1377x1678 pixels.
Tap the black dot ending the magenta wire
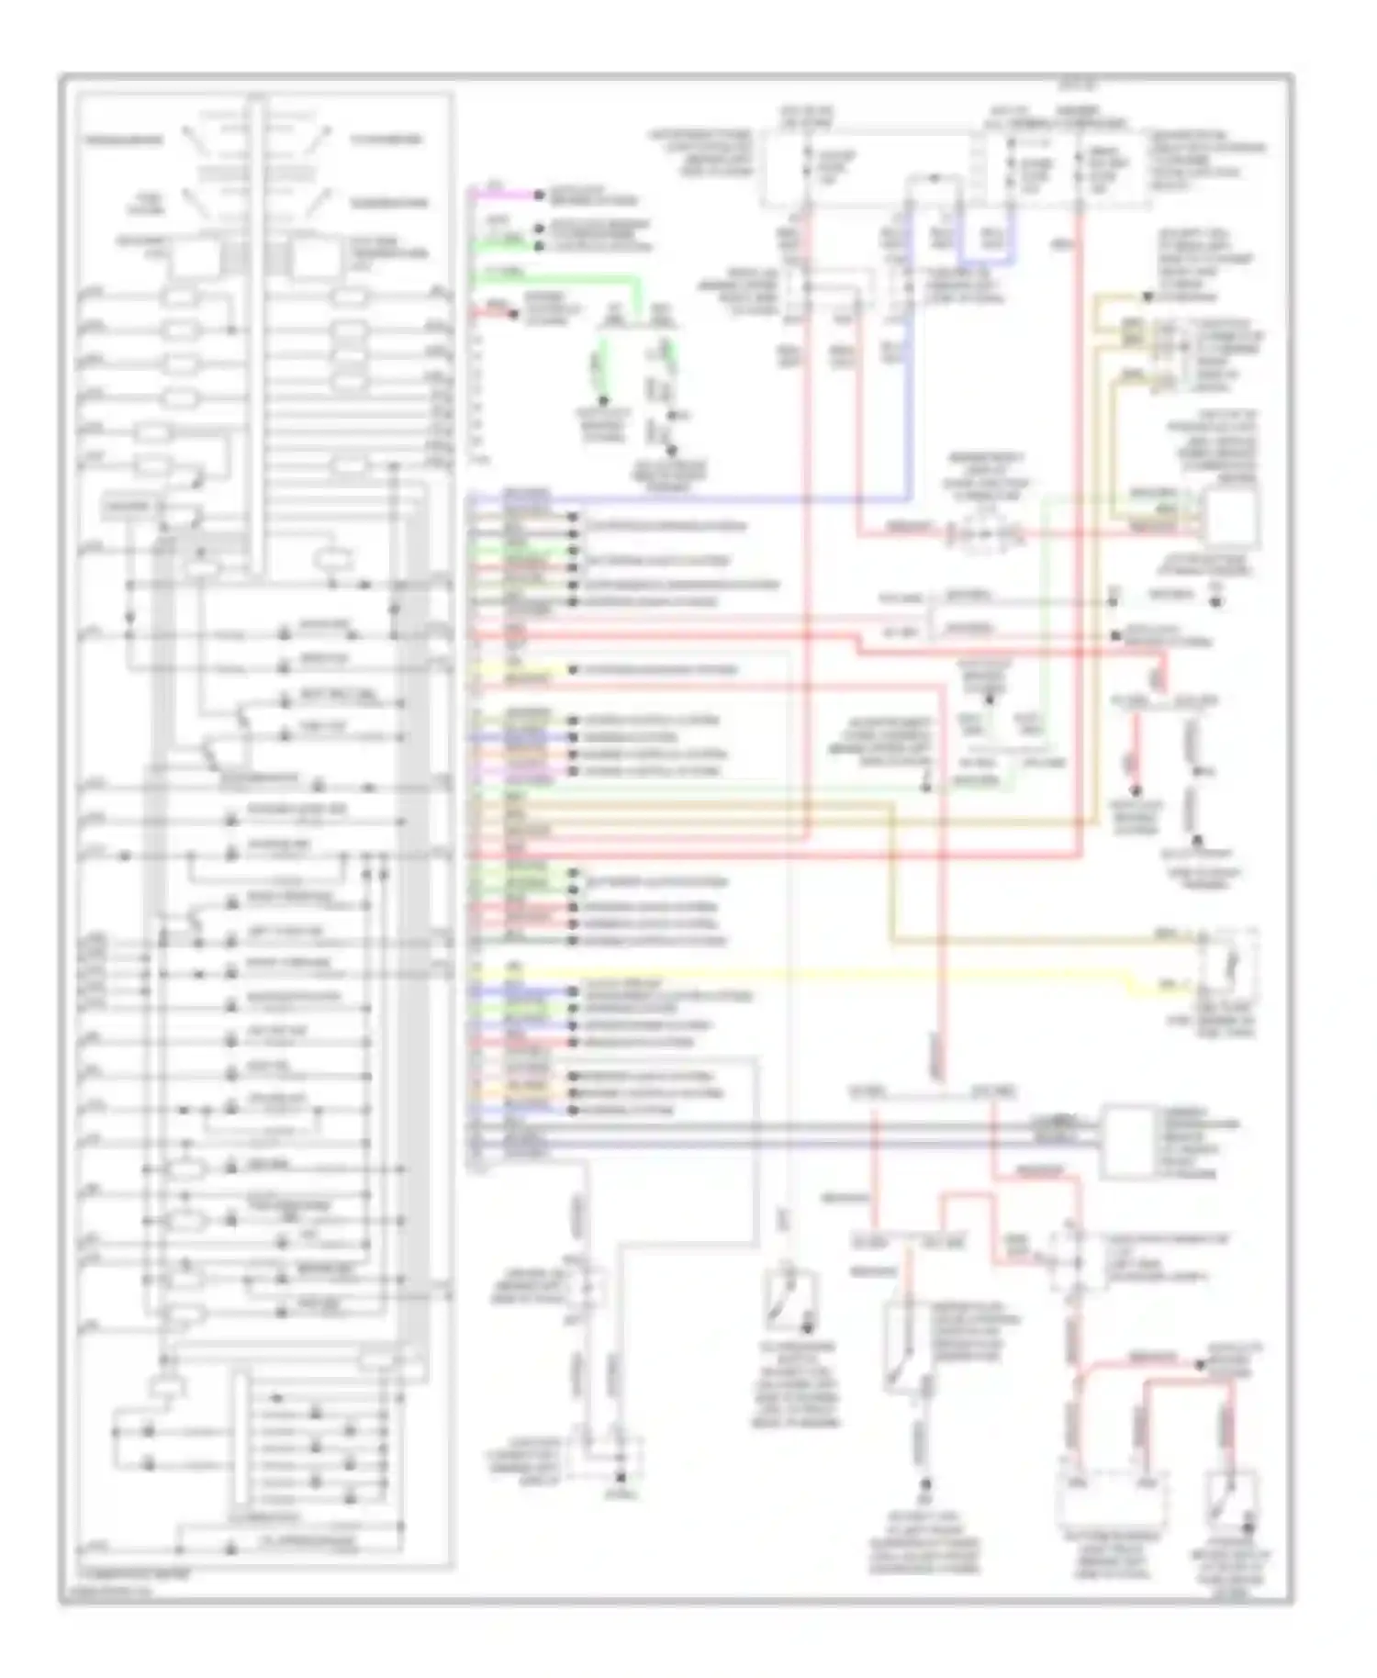543,196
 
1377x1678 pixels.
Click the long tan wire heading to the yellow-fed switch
890,872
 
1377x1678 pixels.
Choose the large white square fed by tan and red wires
1231,519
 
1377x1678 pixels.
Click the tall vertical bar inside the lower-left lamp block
241,1432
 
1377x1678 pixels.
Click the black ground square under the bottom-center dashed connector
621,1479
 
